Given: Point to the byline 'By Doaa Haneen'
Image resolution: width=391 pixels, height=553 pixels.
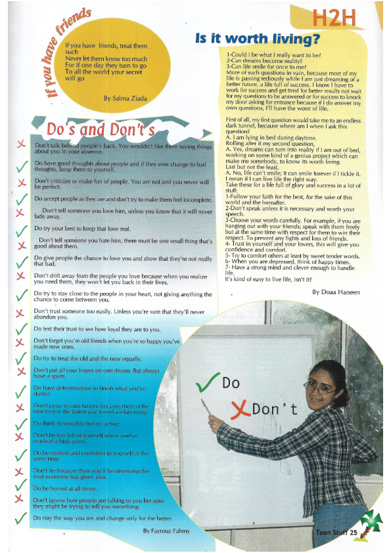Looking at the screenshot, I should (335, 291).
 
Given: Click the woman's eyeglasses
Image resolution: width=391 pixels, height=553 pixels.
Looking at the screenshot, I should (320, 387).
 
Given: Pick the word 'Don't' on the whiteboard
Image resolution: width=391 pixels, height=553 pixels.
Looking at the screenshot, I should (274, 410).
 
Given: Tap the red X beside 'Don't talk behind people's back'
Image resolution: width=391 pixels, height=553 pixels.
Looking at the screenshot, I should (22, 145).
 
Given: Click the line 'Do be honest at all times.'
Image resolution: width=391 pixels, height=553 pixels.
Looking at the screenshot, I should (66, 489).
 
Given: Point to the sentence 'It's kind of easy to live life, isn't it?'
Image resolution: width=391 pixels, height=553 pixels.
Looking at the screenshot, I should (269, 279).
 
